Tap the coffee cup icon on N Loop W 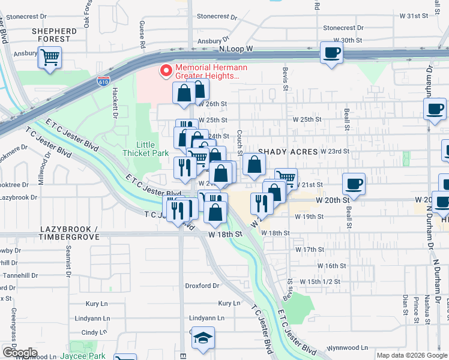(331, 53)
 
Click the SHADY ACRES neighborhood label (288, 152)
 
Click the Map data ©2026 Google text (412, 355)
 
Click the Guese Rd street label (142, 35)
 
